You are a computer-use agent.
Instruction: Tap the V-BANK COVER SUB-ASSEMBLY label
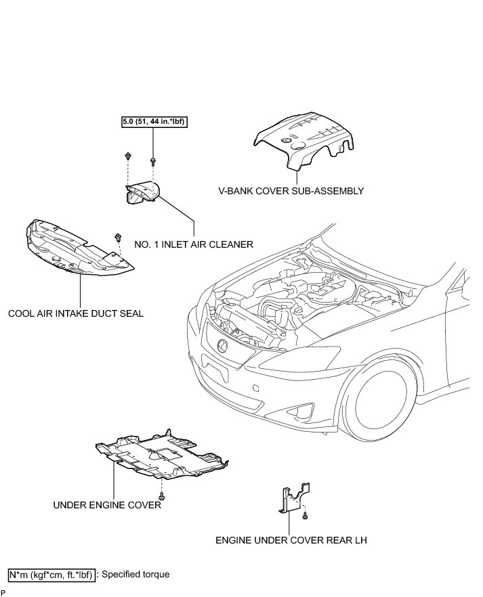[x=291, y=191]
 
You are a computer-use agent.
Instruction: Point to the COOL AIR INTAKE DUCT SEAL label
[x=76, y=314]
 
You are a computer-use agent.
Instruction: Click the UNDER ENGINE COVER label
[x=107, y=504]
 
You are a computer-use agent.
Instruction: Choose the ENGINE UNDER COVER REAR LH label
[x=291, y=541]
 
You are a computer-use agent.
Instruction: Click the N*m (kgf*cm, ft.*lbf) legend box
[x=52, y=575]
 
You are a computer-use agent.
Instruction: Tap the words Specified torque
[x=135, y=575]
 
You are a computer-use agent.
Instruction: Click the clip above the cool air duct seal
[x=119, y=237]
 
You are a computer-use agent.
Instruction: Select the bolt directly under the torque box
[x=152, y=162]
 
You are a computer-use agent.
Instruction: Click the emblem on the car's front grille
[x=221, y=347]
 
